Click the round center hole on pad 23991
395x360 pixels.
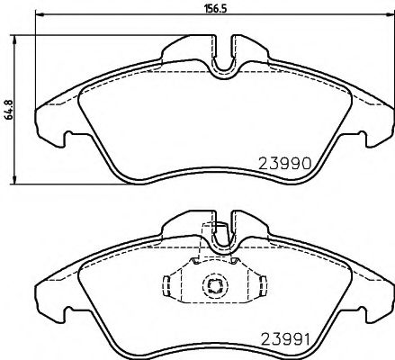point(215,287)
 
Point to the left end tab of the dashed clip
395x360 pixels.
point(166,287)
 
